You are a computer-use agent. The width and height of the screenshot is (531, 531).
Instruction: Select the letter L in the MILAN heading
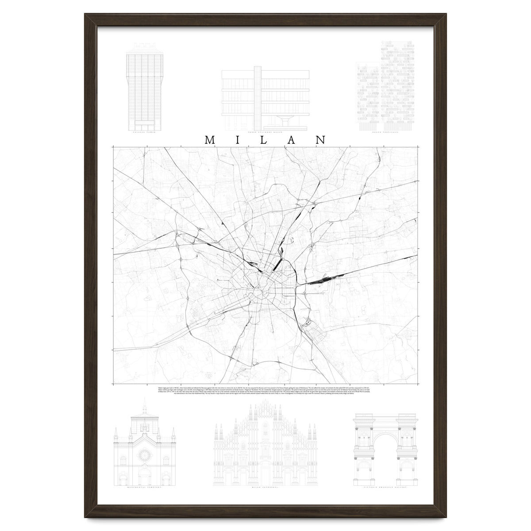coord(265,140)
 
